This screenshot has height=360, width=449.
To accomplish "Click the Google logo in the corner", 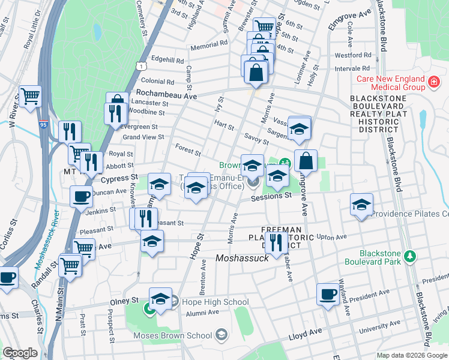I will pyautogui.click(x=20, y=352).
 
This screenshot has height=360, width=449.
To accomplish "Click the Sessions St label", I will pyautogui.click(x=271, y=196).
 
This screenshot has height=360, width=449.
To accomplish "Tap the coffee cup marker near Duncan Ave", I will pyautogui.click(x=81, y=196).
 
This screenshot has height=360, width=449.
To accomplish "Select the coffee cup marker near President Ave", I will pyautogui.click(x=328, y=294).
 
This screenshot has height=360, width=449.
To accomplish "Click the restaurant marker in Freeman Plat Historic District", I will pyautogui.click(x=276, y=242).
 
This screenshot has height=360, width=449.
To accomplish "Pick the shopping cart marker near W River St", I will pyautogui.click(x=30, y=96).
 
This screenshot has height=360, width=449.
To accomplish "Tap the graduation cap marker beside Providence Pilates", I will pyautogui.click(x=361, y=205).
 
